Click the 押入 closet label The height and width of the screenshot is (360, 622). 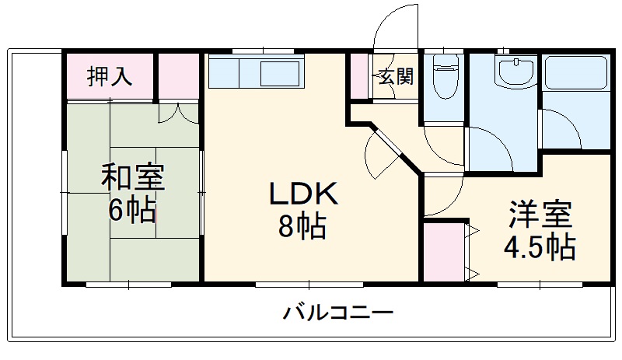(109, 76)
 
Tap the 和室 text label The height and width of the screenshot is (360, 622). (132, 178)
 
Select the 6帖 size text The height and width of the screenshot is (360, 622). (131, 211)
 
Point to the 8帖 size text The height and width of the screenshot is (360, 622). (302, 228)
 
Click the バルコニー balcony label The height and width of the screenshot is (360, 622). (337, 314)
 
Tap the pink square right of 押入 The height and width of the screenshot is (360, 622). (180, 76)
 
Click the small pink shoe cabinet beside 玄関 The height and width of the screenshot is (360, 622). (358, 76)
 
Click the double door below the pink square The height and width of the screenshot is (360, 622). (180, 113)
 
